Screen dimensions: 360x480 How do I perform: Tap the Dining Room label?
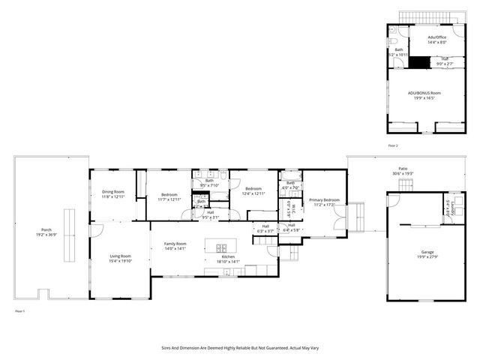pos(112,192)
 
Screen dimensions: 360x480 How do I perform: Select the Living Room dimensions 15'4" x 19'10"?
pos(120,261)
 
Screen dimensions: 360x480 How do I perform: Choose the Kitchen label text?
pos(228,256)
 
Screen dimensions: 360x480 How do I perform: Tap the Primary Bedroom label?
pos(325,199)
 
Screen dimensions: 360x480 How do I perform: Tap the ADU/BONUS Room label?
pos(424,93)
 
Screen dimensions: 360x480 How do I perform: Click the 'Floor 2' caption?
pos(393,145)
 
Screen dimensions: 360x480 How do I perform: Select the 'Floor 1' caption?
pos(20,310)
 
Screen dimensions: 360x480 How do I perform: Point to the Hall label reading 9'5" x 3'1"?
pos(210,217)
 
